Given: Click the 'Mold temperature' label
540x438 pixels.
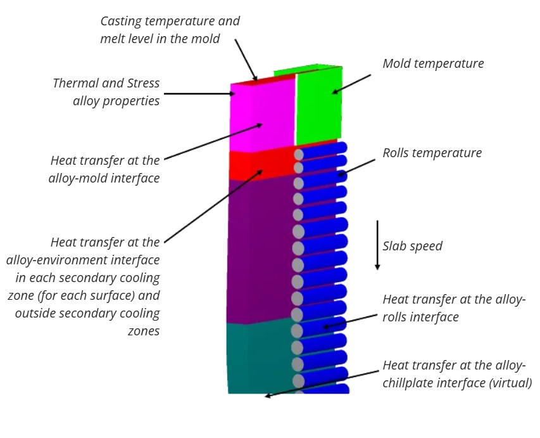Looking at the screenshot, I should [433, 64].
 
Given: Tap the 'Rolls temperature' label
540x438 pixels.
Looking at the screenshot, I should [432, 153].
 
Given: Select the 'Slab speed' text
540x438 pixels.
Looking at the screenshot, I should [412, 246].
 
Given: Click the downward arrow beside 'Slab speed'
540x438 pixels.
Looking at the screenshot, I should [377, 245].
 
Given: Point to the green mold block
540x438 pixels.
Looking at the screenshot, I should [319, 105].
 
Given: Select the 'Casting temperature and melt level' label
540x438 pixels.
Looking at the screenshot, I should [170, 30].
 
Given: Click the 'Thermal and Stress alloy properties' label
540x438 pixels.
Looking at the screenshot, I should [106, 92].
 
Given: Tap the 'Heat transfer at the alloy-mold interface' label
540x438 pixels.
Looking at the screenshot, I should [104, 169].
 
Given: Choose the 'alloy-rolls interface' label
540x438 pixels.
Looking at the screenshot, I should [454, 308].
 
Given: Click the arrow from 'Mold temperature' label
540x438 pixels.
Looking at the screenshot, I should [352, 84].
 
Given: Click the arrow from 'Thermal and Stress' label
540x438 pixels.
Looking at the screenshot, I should [199, 94].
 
